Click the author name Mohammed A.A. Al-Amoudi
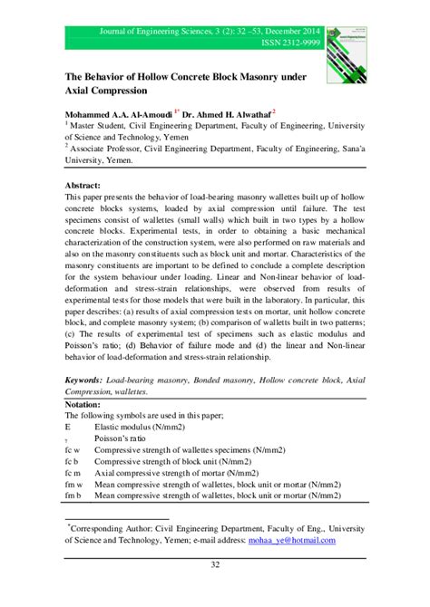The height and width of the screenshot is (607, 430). coord(117,116)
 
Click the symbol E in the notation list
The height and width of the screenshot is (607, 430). coord(68,424)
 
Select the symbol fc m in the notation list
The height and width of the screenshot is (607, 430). coord(73,472)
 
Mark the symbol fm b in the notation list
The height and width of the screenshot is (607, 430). coord(73,496)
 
